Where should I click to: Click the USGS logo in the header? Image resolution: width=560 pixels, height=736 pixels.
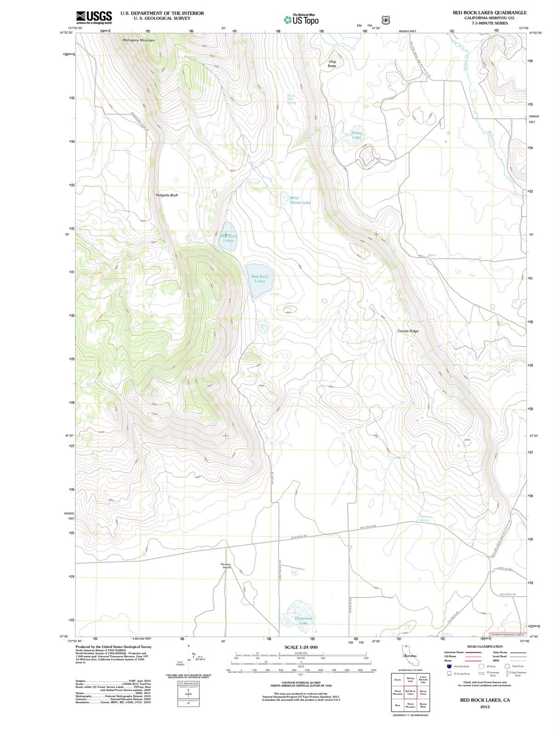pos(94,17)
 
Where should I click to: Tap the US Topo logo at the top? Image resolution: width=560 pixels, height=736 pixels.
pos(301,20)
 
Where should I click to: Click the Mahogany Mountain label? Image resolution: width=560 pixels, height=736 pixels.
pos(139,40)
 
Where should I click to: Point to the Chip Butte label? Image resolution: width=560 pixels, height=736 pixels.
pos(332,64)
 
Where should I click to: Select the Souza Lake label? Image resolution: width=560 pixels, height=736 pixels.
pos(357,135)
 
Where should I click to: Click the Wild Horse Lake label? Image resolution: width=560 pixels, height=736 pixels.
pos(300,200)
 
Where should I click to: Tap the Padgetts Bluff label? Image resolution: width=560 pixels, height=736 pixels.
pos(167,195)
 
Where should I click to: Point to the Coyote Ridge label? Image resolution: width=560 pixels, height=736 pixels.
pos(408,331)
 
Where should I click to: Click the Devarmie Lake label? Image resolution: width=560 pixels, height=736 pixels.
pos(304,621)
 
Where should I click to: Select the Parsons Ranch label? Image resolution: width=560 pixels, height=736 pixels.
pos(226,566)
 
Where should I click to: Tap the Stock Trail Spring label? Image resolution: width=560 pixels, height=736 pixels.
pos(291,99)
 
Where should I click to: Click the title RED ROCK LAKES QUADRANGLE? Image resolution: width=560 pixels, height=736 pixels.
pos(490,12)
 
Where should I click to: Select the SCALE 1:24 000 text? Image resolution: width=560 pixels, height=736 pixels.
pos(301,647)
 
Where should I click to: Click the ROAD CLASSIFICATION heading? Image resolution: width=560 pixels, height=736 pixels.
pos(486,646)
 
